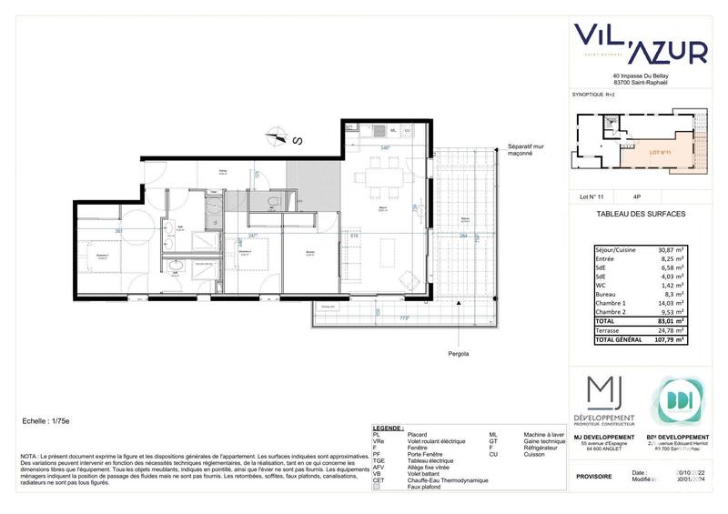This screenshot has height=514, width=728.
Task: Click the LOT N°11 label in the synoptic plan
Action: pyautogui.click(x=661, y=153)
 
